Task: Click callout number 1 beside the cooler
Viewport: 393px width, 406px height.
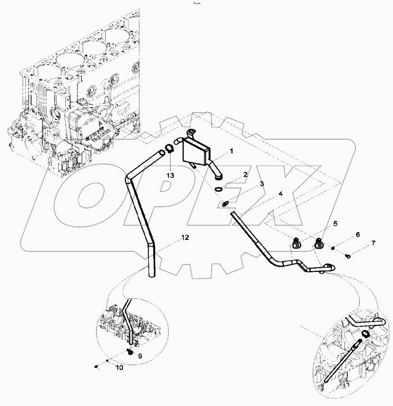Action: pyautogui.click(x=231, y=151)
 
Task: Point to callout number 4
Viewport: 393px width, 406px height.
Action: pyautogui.click(x=281, y=195)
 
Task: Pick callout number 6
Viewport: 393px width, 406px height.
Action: pyautogui.click(x=357, y=235)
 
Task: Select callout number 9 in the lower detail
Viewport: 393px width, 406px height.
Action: pyautogui.click(x=140, y=356)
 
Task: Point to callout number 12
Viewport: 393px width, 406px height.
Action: pyautogui.click(x=185, y=237)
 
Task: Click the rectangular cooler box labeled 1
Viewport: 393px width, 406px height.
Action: pyautogui.click(x=196, y=152)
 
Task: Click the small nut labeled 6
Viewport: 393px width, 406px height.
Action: pyautogui.click(x=333, y=248)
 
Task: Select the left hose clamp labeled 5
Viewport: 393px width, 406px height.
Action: pyautogui.click(x=296, y=245)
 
